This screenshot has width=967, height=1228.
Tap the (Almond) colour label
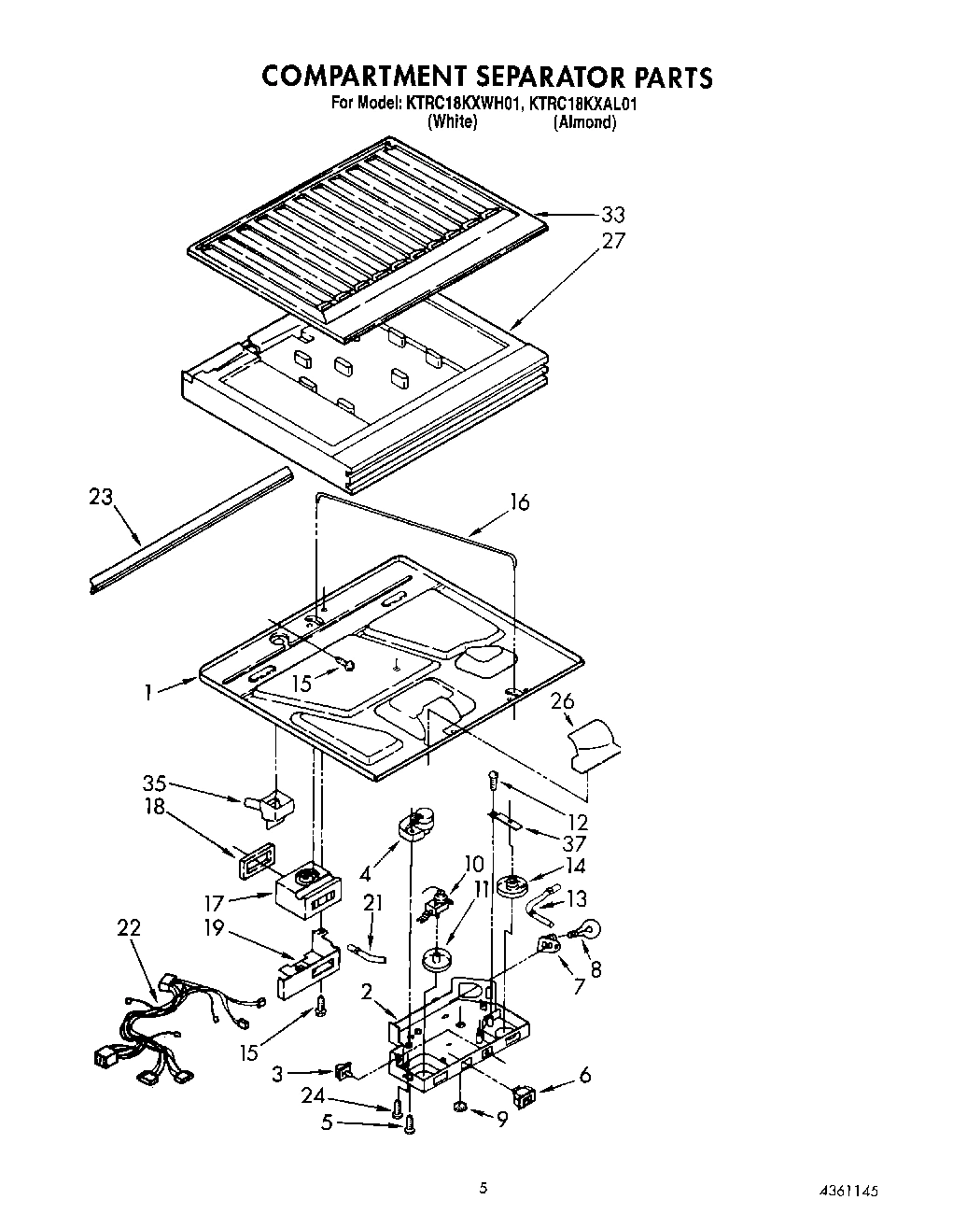coord(584,122)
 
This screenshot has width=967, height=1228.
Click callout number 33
coord(613,215)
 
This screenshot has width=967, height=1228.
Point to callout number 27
coord(612,241)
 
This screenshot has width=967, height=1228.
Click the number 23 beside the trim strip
coord(100,497)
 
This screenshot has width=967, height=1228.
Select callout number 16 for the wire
coord(519,503)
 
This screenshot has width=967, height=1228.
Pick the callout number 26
coord(562,701)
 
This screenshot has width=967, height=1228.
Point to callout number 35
coord(155,783)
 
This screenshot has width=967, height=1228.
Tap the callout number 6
coord(584,1075)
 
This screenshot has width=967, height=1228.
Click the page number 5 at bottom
coord(483,1188)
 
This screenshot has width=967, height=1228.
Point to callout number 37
coord(576,844)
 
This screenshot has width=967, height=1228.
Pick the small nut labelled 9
coord(461,1107)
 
